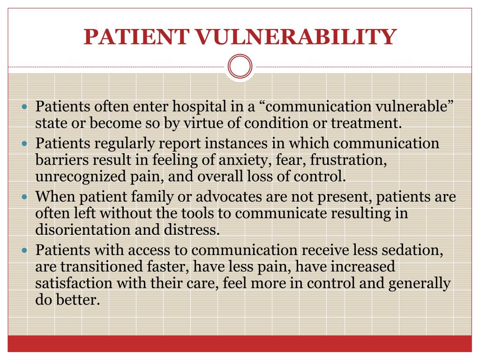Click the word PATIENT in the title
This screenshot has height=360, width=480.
[136, 37]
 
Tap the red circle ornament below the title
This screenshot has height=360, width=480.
[240, 66]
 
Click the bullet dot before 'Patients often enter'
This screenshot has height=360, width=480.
[26, 107]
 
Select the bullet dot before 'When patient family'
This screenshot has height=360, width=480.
[26, 197]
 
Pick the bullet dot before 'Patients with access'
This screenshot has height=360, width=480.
[26, 251]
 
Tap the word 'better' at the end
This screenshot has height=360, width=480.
[79, 300]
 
